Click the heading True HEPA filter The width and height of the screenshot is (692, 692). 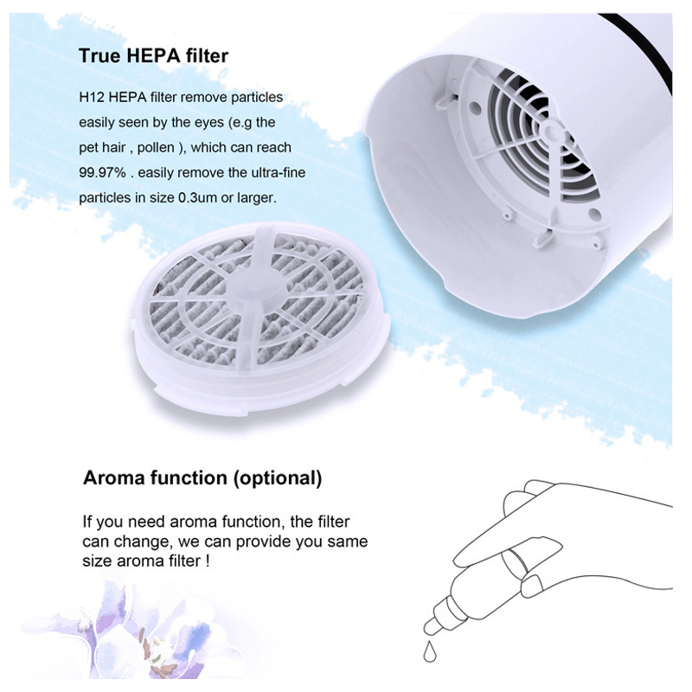tap(154, 56)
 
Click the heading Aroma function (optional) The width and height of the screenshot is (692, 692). tap(202, 478)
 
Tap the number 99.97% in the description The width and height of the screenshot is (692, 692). tap(102, 172)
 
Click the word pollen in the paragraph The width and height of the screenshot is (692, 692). tap(156, 147)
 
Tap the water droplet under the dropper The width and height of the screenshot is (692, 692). tap(429, 652)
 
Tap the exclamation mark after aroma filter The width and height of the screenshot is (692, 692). tap(208, 561)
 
